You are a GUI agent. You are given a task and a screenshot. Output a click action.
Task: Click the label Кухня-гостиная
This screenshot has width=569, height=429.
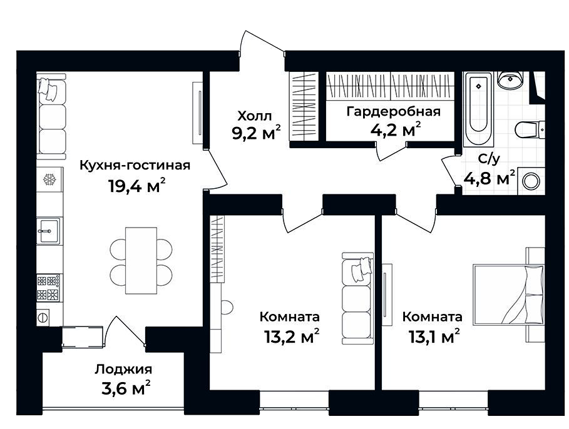(x=135, y=166)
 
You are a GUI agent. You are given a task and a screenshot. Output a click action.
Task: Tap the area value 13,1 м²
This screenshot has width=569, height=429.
(x=432, y=338)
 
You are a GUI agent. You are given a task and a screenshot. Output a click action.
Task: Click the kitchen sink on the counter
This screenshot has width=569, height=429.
(x=48, y=231)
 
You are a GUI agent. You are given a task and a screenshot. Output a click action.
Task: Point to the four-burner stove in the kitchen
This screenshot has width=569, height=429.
(x=48, y=288)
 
